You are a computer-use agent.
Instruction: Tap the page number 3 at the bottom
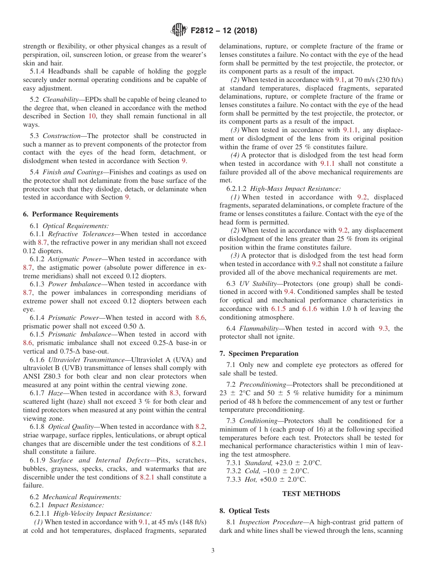point(213,551)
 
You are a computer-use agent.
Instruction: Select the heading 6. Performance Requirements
point(70,214)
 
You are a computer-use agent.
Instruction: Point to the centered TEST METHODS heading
point(311,494)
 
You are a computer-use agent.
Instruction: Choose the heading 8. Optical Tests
point(244,511)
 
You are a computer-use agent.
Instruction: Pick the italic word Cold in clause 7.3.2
point(252,471)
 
